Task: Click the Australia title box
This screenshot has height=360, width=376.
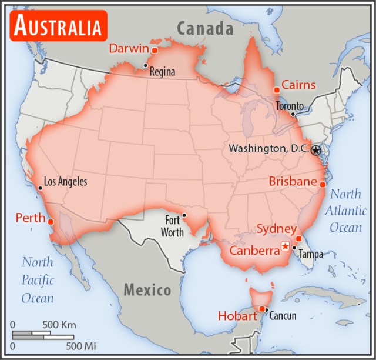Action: (58, 26)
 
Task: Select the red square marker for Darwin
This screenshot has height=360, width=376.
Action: (155, 51)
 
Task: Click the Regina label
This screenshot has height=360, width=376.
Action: (162, 72)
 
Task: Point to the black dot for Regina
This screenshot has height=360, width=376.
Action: (146, 65)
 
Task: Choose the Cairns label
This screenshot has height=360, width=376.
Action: (298, 85)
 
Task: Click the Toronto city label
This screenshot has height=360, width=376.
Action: (290, 106)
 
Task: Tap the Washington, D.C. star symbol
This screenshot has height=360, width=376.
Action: (316, 150)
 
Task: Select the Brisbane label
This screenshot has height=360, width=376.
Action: (293, 182)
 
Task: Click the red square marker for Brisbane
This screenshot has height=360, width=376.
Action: (323, 185)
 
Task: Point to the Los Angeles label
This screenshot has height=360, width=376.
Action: (66, 182)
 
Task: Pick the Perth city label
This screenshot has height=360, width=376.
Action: (31, 218)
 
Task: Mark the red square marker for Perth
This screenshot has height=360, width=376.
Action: (51, 222)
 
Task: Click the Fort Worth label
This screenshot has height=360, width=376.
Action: (172, 226)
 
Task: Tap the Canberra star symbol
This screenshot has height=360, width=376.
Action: (286, 246)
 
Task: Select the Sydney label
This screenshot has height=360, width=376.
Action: (276, 229)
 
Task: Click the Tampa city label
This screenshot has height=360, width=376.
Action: (311, 255)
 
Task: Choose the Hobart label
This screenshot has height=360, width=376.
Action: (237, 316)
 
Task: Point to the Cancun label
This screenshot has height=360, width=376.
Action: (283, 316)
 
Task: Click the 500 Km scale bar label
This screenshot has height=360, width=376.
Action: (59, 325)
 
